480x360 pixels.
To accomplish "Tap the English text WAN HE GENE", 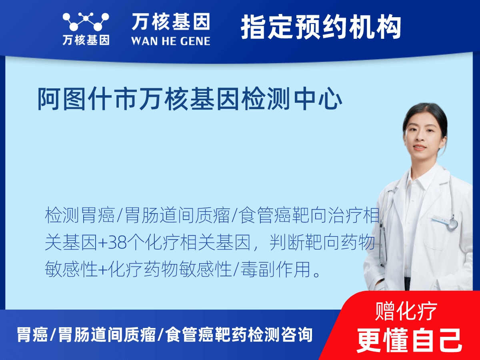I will (170, 40).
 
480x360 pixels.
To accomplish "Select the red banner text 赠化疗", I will (406, 311).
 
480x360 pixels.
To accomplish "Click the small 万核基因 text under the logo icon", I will (86, 40).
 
